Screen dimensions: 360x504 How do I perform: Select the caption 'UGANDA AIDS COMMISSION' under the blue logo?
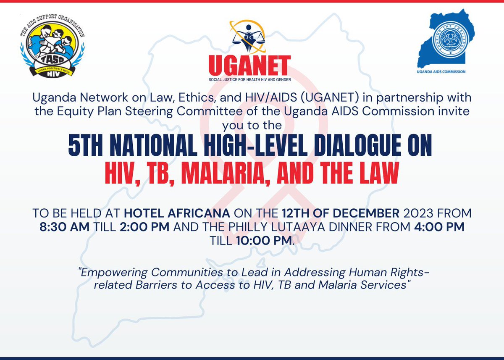coord(441,72)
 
